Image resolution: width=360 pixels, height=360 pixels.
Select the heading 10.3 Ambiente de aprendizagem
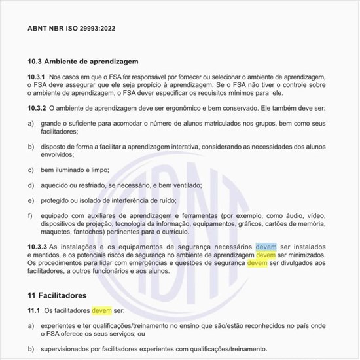tap(82, 62)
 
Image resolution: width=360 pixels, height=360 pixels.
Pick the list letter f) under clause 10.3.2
tap(30, 215)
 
